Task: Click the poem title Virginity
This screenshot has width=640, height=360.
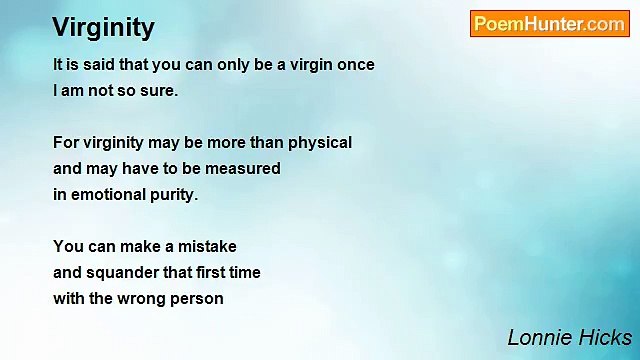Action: click(x=103, y=27)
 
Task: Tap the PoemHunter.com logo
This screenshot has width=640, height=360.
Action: click(x=549, y=24)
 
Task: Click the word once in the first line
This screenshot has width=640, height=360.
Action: click(x=355, y=65)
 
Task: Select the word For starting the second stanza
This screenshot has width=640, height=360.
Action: click(x=66, y=143)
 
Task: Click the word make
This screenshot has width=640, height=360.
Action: click(x=146, y=246)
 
